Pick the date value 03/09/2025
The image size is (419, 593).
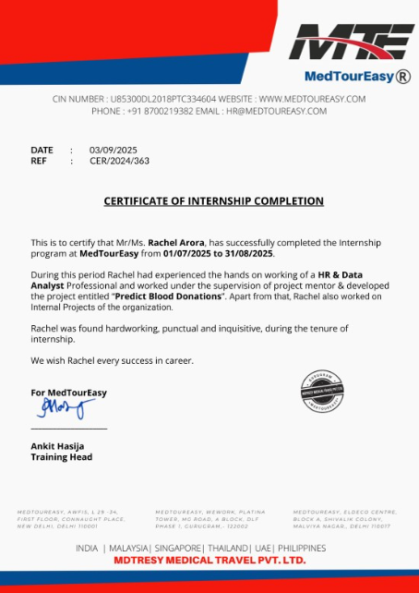click(114, 150)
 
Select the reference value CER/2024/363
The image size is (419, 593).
click(119, 161)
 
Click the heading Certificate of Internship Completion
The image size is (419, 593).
click(213, 200)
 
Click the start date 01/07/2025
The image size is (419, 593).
click(187, 252)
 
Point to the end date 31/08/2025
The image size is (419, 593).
click(250, 252)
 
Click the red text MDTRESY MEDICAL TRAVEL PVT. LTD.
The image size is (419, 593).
click(209, 560)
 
